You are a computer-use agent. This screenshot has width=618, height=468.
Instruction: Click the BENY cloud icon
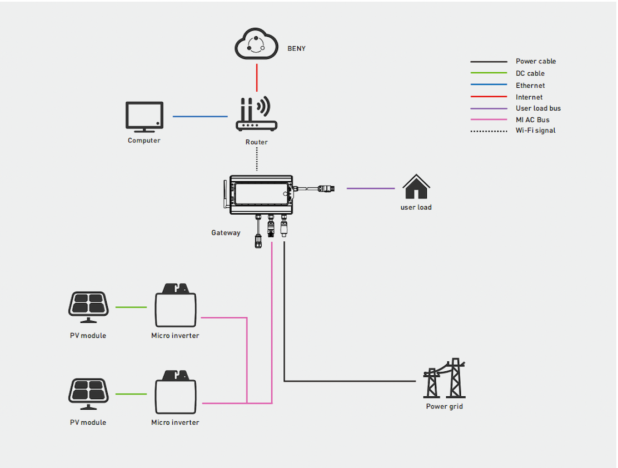pyautogui.click(x=256, y=45)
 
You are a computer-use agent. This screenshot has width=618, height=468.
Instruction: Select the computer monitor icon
pyautogui.click(x=144, y=116)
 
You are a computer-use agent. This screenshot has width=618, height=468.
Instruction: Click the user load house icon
pyautogui.click(x=416, y=187)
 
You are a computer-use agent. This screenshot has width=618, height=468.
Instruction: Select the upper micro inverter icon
pyautogui.click(x=175, y=307)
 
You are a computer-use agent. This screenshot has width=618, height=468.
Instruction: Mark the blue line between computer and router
pyautogui.click(x=200, y=117)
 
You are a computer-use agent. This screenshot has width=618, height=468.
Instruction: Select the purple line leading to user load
pyautogui.click(x=371, y=188)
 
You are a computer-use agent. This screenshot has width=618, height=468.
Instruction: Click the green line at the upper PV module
pyautogui.click(x=131, y=307)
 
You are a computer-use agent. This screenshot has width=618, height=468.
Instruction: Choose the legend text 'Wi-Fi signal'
pyautogui.click(x=535, y=131)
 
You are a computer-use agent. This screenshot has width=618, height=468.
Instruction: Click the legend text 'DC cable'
pyautogui.click(x=530, y=73)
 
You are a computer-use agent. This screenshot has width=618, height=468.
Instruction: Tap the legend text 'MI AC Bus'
pyautogui.click(x=532, y=120)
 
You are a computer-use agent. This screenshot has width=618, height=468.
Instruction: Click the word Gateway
pyautogui.click(x=226, y=233)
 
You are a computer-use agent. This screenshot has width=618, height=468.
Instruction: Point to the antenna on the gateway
pyautogui.click(x=226, y=195)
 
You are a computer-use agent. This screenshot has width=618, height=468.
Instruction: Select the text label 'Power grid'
pyautogui.click(x=444, y=406)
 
